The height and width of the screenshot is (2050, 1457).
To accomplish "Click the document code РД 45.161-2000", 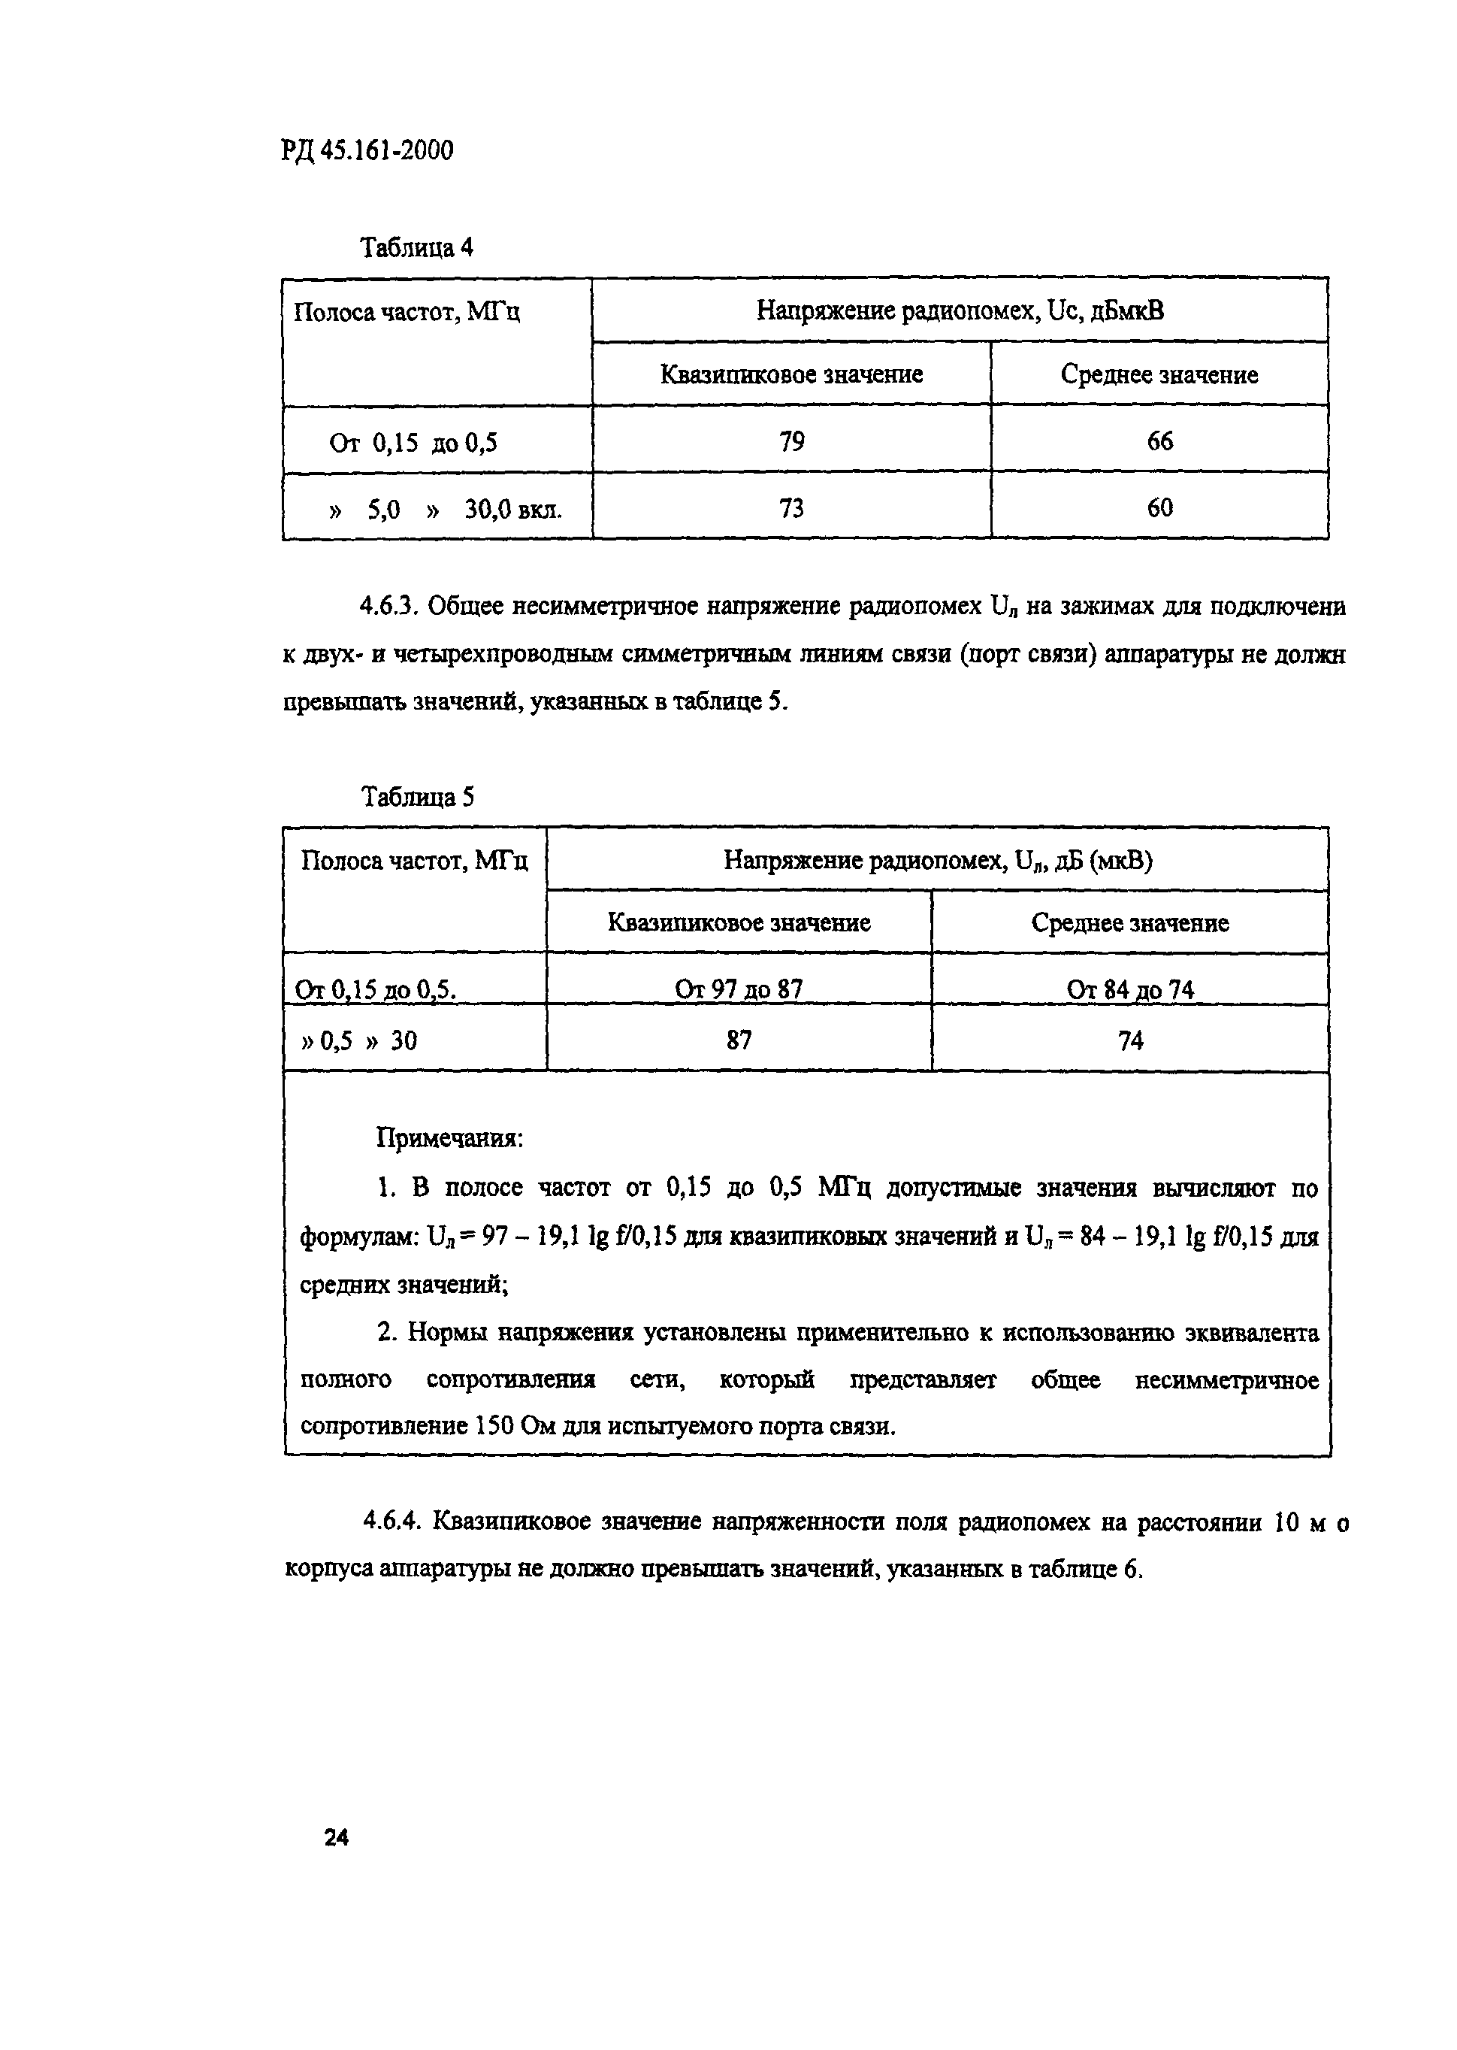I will [367, 150].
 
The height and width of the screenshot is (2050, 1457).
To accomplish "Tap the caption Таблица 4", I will [416, 247].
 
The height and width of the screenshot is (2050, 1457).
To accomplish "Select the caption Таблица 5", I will [417, 797].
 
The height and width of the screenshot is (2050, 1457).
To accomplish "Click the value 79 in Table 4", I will [792, 441].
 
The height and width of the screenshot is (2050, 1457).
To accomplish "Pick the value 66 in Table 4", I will [1159, 441].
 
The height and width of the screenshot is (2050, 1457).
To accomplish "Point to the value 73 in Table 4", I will [792, 509].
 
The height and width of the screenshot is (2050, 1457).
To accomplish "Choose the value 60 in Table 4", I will [1159, 509].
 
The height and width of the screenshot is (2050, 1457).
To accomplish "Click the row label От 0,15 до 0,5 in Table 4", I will [413, 444].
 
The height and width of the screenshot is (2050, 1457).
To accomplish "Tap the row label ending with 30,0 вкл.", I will [446, 510].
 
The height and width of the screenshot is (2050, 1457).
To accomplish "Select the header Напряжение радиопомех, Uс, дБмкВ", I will [960, 311].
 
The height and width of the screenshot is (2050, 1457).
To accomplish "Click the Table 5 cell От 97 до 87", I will [739, 989].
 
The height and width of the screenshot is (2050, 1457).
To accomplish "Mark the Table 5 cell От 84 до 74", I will [1129, 989].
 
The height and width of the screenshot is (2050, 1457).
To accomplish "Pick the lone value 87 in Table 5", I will [739, 1040].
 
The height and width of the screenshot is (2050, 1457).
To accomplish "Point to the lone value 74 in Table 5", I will [1130, 1040].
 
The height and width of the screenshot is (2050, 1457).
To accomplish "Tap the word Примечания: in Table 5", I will [449, 1139].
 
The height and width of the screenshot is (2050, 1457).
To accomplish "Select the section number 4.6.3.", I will [389, 607].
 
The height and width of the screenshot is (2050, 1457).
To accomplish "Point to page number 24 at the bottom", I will [337, 1838].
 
